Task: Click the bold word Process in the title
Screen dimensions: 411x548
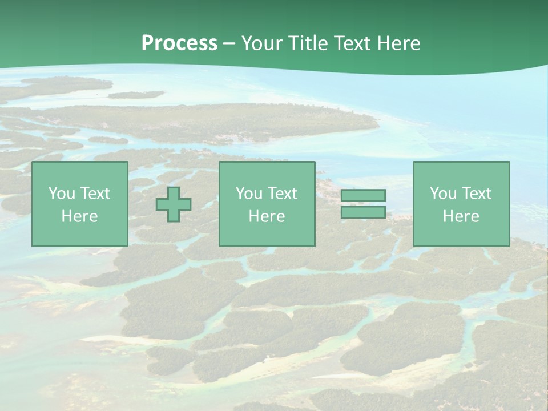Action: click(179, 43)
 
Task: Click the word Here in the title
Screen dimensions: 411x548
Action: click(401, 43)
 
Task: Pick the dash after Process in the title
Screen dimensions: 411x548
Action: click(229, 44)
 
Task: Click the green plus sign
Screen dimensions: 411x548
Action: click(174, 204)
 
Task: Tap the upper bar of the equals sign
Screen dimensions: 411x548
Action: click(363, 196)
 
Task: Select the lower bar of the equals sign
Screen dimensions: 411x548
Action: click(363, 212)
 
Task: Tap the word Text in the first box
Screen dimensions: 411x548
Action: click(95, 194)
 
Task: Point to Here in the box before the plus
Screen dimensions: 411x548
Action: click(80, 216)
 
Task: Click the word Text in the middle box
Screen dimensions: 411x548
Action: click(282, 194)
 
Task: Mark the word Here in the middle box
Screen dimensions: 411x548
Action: click(267, 216)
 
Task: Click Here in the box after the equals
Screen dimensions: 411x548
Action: click(461, 216)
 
